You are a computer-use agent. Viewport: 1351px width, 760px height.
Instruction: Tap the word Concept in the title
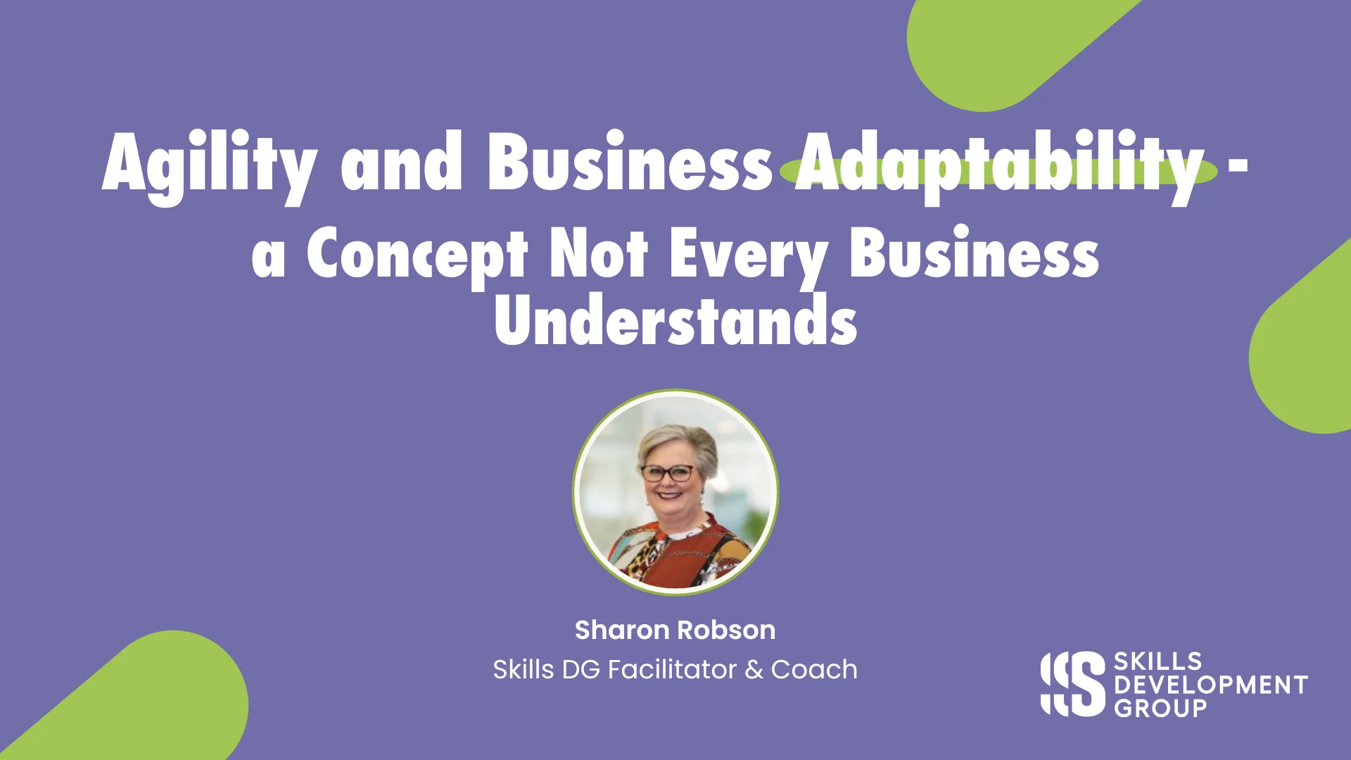[417, 255]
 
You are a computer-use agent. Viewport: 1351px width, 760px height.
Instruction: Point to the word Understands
[675, 320]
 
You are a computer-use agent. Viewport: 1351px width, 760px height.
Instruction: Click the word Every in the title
[749, 255]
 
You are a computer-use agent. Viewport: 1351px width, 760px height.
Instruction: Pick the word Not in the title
[598, 253]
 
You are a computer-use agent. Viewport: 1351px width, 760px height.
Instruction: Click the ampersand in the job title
[754, 670]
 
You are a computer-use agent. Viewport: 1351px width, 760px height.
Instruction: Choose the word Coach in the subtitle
[814, 669]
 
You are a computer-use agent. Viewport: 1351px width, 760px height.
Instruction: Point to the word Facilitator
[672, 669]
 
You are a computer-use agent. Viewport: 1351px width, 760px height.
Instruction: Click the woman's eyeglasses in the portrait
[667, 473]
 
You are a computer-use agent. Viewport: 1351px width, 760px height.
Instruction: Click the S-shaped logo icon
[1073, 684]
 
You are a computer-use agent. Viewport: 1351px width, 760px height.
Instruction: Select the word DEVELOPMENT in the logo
[1210, 685]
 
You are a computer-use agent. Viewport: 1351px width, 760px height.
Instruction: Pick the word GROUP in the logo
[1160, 708]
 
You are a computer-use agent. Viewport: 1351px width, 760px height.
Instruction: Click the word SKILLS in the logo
[1157, 661]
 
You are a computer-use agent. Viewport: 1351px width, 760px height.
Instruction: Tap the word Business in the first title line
[630, 163]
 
